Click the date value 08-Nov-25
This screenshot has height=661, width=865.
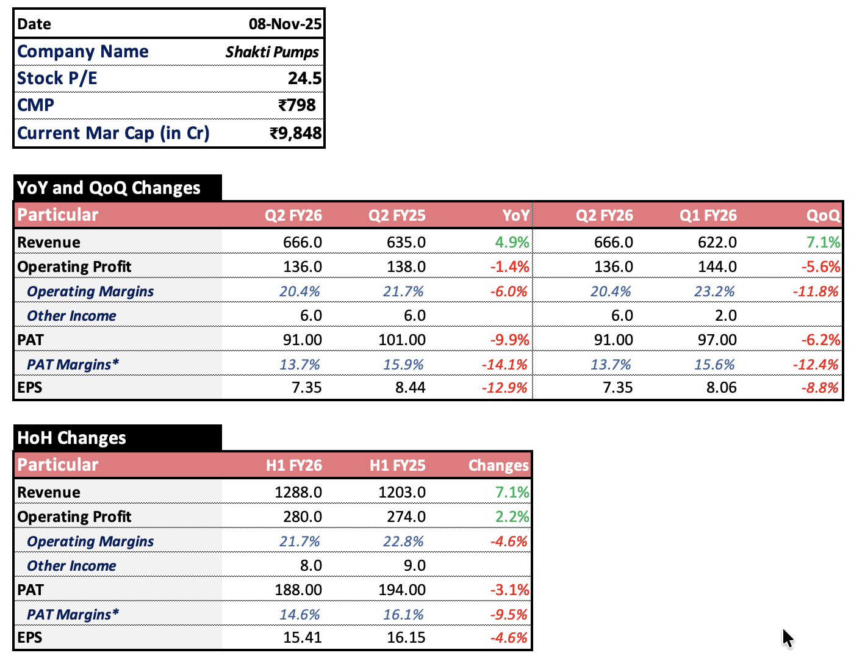pyautogui.click(x=284, y=24)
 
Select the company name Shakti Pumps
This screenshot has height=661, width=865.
pyautogui.click(x=272, y=52)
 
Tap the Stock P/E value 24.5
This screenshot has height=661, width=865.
pyautogui.click(x=304, y=79)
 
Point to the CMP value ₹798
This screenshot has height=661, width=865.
pyautogui.click(x=296, y=105)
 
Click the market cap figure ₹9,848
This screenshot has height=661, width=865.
pyautogui.click(x=295, y=133)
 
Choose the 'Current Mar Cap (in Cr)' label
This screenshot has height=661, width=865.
pyautogui.click(x=113, y=133)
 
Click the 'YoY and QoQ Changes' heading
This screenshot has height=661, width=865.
pyautogui.click(x=109, y=188)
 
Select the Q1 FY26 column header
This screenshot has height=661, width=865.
pyautogui.click(x=708, y=215)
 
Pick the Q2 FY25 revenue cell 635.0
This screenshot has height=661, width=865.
pyautogui.click(x=406, y=242)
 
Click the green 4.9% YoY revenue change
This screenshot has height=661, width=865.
pyautogui.click(x=512, y=242)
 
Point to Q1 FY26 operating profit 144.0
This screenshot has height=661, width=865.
pyautogui.click(x=717, y=266)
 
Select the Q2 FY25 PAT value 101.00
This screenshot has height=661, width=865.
pyautogui.click(x=402, y=340)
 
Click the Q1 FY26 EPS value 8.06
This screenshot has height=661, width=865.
pyautogui.click(x=721, y=388)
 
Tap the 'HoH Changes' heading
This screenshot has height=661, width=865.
pyautogui.click(x=72, y=438)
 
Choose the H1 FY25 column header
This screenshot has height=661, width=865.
pyautogui.click(x=397, y=465)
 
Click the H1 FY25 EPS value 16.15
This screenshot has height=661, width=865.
pyautogui.click(x=406, y=638)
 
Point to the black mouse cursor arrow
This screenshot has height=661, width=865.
pyautogui.click(x=787, y=638)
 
